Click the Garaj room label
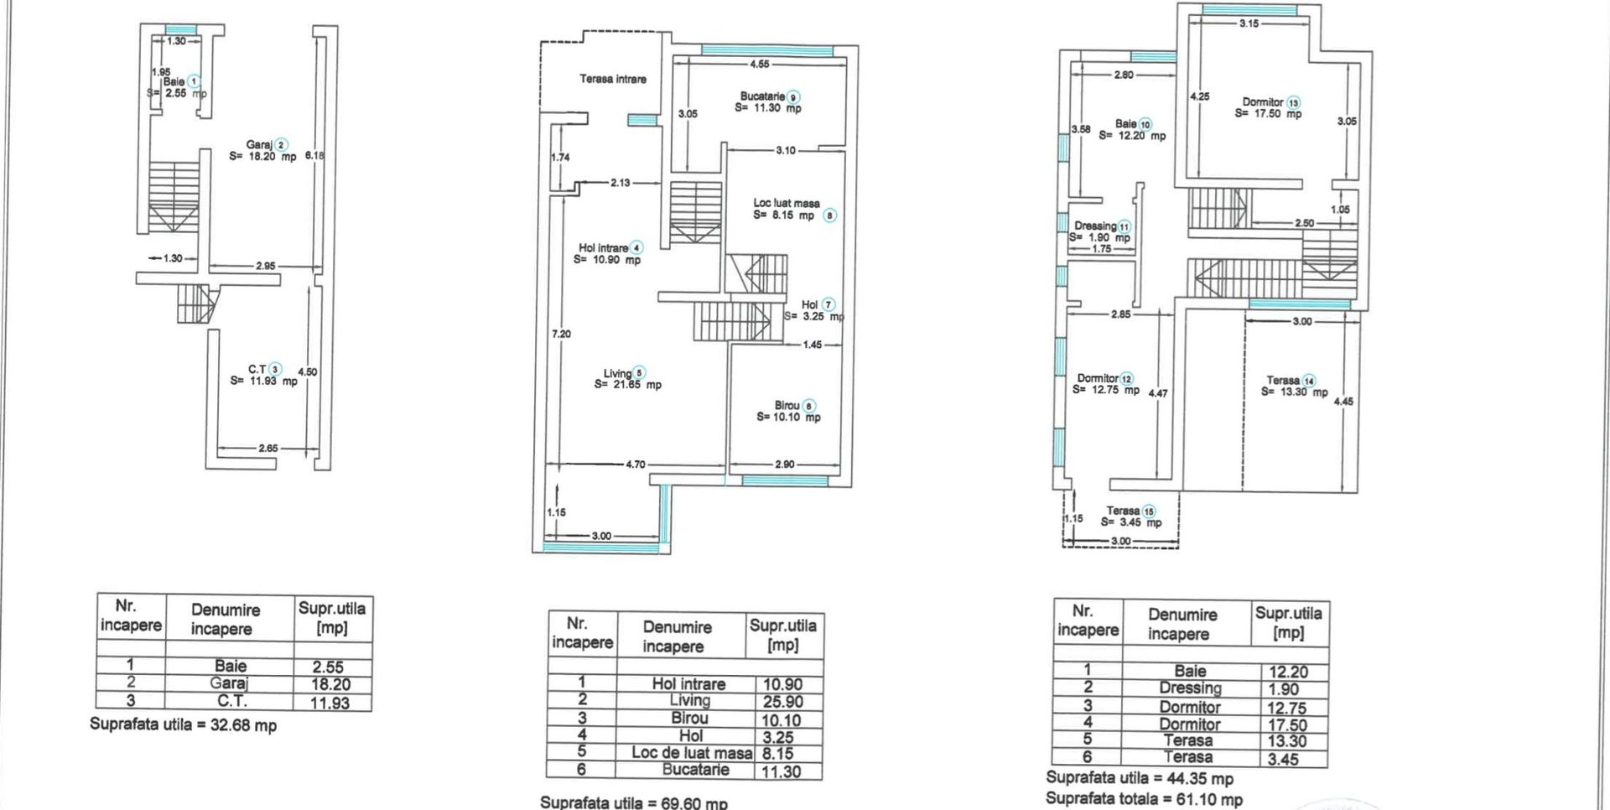click(259, 145)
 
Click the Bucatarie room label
click(762, 96)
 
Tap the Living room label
click(618, 374)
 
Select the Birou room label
click(787, 406)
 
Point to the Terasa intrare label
click(613, 79)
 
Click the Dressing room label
click(1096, 226)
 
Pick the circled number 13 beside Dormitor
click(1294, 102)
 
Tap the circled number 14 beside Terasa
click(1309, 381)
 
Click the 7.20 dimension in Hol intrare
click(561, 334)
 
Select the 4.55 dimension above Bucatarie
click(760, 64)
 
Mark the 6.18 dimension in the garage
click(314, 155)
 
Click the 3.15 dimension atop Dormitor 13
click(1249, 23)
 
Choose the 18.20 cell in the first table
click(330, 684)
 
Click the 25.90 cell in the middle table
click(782, 702)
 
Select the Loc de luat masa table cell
click(692, 753)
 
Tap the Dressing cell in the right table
click(1190, 688)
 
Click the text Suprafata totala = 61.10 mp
click(1144, 799)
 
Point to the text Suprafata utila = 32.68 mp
click(183, 724)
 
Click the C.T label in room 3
click(257, 369)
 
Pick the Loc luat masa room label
click(786, 203)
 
